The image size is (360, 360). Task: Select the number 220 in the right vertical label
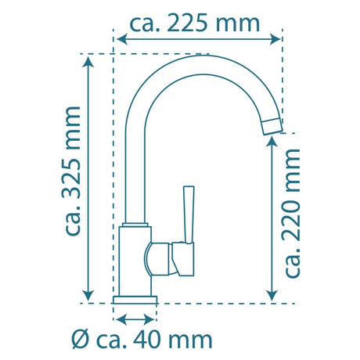291,221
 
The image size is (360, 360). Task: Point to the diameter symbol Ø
81,340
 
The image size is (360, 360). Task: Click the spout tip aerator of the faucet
272,126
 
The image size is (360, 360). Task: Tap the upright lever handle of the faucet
189,214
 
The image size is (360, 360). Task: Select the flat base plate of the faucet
135,300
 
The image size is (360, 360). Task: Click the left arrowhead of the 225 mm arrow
122,39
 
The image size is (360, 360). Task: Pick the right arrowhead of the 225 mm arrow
275,39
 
